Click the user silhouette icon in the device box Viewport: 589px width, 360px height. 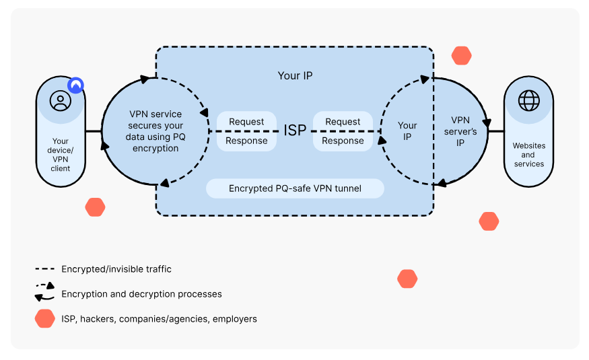pyautogui.click(x=60, y=101)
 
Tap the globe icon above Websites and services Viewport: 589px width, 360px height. pyautogui.click(x=528, y=101)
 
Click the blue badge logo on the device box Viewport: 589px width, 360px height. pyautogui.click(x=76, y=85)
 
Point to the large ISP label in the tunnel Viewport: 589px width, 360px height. pyautogui.click(x=295, y=131)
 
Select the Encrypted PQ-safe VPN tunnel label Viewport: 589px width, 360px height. pyautogui.click(x=295, y=188)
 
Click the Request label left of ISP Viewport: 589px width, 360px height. pyautogui.click(x=246, y=122)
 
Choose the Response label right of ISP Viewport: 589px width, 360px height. pyautogui.click(x=343, y=141)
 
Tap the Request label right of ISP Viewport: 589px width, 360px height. pyautogui.click(x=343, y=122)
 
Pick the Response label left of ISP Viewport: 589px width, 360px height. pyautogui.click(x=246, y=141)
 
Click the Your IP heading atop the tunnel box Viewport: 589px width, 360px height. pyautogui.click(x=295, y=75)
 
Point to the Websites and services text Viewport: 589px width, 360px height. pyautogui.click(x=528, y=155)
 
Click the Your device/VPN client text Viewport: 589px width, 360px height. pyautogui.click(x=60, y=155)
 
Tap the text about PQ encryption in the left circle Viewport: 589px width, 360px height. pyautogui.click(x=155, y=131)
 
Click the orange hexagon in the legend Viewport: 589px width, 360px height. pyautogui.click(x=45, y=319)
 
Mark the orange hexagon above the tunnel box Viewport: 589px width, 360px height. pyautogui.click(x=461, y=56)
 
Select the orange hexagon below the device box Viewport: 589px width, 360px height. pyautogui.click(x=95, y=207)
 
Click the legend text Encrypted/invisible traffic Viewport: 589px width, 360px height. pyautogui.click(x=116, y=269)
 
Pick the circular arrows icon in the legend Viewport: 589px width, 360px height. pyautogui.click(x=44, y=292)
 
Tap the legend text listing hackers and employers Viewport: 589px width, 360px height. pyautogui.click(x=159, y=319)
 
